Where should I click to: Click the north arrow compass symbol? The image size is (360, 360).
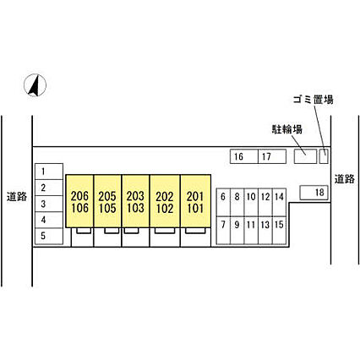[x=35, y=85]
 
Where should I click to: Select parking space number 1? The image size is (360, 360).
[x=49, y=172]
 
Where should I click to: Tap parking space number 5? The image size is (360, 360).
[x=49, y=236]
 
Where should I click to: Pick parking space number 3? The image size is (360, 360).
[x=49, y=204]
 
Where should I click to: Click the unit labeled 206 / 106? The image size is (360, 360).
[x=79, y=201]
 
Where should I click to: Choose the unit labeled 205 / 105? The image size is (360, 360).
[x=107, y=201]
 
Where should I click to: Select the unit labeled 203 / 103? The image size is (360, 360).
[x=135, y=201]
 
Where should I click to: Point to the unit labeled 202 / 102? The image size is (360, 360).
[x=165, y=201]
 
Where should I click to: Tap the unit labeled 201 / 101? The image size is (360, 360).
[x=195, y=201]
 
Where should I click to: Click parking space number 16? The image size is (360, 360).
[x=244, y=156]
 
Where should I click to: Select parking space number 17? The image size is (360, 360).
[x=272, y=156]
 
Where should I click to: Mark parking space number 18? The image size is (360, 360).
[x=314, y=193]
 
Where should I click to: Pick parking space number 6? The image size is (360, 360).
[x=223, y=202]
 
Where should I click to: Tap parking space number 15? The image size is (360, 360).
[x=279, y=230]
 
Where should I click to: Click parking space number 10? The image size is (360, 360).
[x=251, y=202]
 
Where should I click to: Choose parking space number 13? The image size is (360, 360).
[x=265, y=230]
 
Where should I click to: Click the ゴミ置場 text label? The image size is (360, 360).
[x=314, y=100]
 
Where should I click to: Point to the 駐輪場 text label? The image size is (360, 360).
[x=287, y=129]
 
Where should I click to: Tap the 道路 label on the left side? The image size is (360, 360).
[x=17, y=196]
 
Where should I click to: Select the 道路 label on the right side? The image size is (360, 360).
[x=345, y=179]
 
